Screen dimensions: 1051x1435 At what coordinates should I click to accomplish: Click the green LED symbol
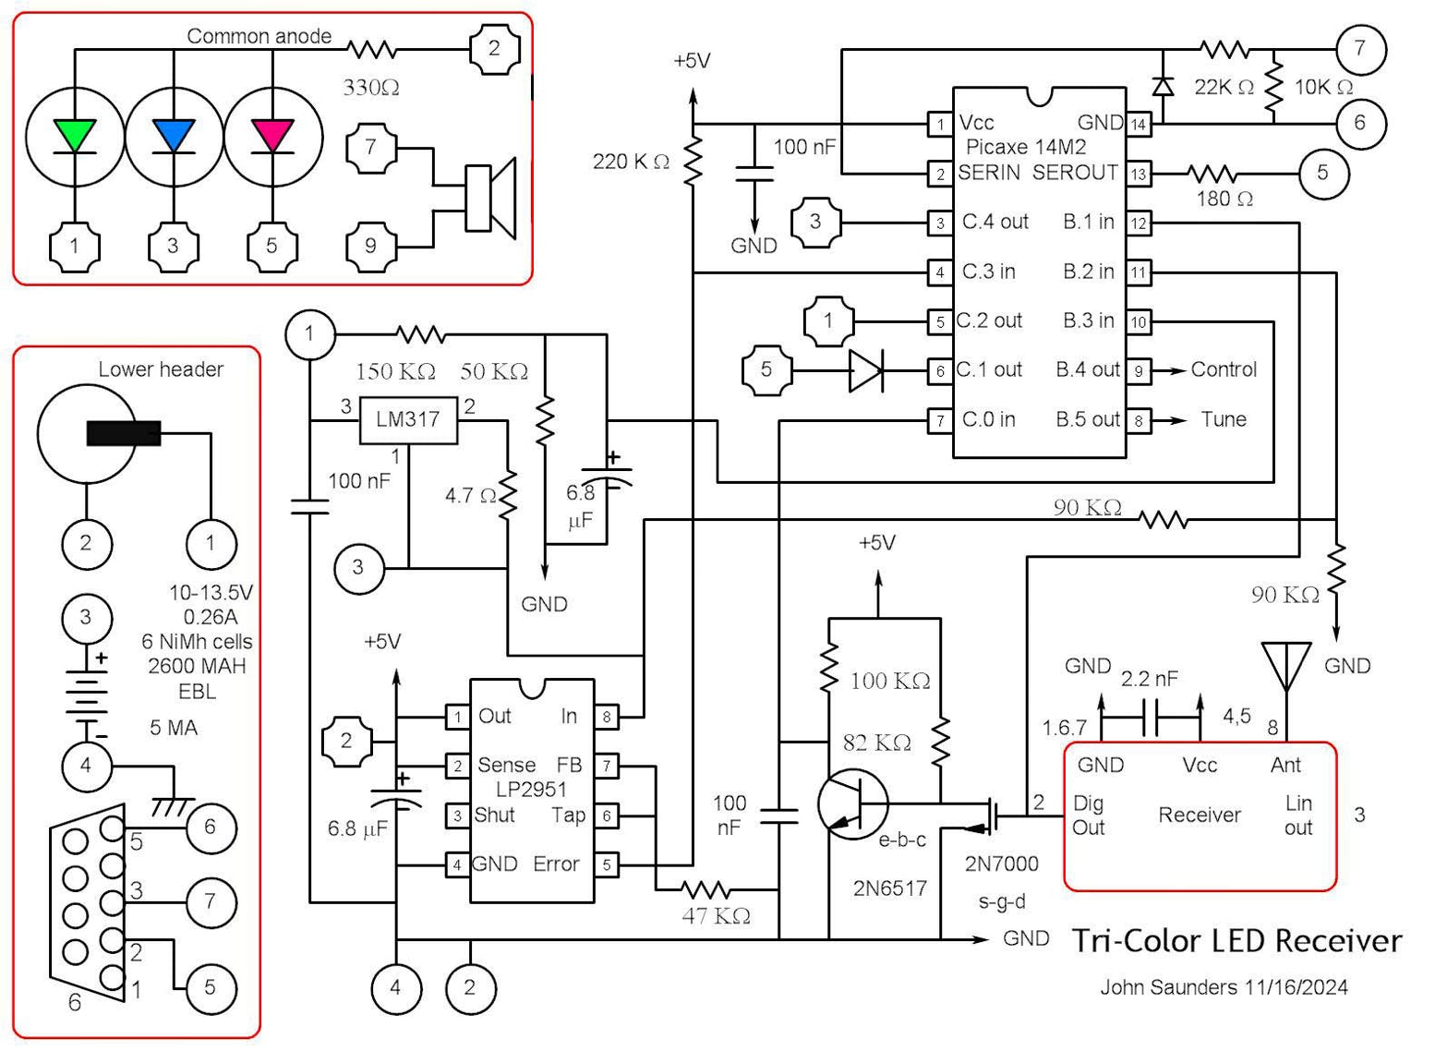coord(75,136)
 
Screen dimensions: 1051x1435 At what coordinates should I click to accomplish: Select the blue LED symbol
coord(174,136)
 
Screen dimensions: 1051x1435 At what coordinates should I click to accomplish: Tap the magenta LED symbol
coord(272,136)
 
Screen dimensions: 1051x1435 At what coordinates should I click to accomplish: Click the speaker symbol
coord(490,198)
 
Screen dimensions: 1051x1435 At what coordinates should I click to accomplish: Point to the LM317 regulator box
coord(407,419)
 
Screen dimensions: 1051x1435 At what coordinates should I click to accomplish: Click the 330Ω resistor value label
coord(371,88)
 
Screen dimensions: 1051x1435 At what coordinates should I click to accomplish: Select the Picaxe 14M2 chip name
coord(1025,147)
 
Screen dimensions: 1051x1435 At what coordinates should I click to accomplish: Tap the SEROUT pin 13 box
coord(1139,174)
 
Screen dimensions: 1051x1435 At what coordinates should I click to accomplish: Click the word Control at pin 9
coord(1224,369)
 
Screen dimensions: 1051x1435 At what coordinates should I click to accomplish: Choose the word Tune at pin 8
coord(1224,419)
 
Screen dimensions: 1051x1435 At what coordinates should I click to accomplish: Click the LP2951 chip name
coord(531,790)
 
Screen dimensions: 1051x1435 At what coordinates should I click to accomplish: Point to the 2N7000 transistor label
coord(1001,864)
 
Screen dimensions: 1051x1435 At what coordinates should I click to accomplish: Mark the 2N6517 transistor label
coord(889,888)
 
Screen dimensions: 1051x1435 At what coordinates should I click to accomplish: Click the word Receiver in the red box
coord(1200,815)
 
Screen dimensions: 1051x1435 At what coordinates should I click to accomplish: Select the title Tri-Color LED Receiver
coord(1236,941)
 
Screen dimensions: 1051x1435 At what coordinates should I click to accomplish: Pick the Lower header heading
coord(161,369)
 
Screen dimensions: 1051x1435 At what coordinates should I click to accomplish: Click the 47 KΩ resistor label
coord(716,916)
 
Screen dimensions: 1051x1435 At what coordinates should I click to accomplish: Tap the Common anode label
coord(259,36)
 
